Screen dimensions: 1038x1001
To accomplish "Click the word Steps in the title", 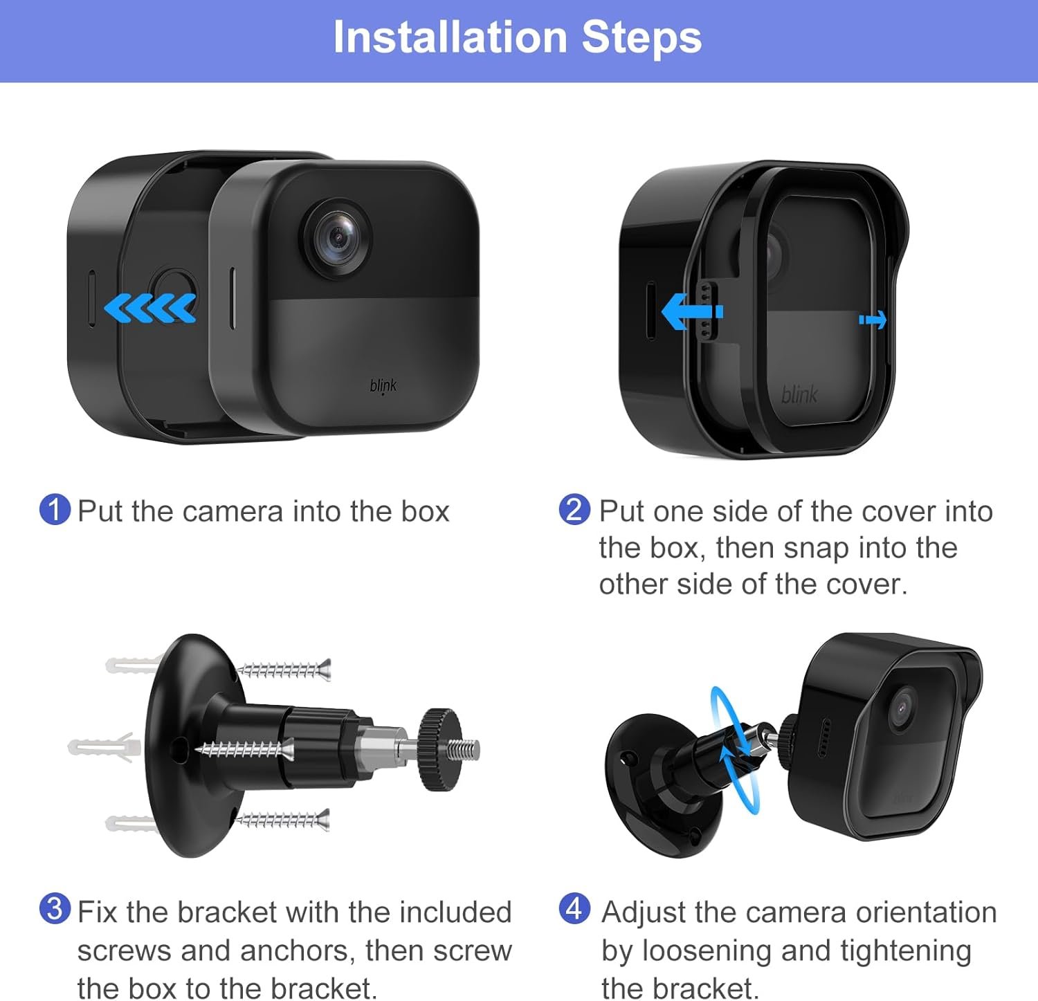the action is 641,38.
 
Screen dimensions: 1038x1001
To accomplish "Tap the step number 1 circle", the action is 55,510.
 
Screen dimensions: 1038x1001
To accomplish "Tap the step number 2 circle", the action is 574,510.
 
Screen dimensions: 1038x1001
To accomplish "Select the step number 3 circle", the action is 55,909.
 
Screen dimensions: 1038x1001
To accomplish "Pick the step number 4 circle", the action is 574,909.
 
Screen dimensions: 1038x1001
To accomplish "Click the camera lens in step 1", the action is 336,238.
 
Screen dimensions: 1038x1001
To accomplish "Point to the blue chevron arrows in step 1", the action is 150,308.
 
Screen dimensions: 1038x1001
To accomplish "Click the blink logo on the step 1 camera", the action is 383,386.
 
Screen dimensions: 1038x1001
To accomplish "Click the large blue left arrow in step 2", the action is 692,311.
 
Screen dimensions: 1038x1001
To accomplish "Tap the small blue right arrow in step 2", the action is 873,320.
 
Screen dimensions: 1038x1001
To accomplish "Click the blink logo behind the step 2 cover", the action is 799,394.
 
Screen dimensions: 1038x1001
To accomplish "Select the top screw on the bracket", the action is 284,670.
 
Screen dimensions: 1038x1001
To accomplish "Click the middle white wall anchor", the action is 104,747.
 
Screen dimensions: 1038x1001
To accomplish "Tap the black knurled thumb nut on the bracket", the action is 439,749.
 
